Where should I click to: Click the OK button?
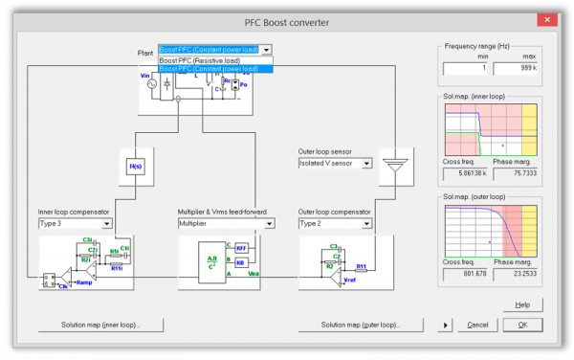[x=522, y=325]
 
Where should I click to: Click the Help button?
[x=522, y=304]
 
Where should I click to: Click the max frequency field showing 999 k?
[x=517, y=68]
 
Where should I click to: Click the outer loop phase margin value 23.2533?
[x=517, y=275]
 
